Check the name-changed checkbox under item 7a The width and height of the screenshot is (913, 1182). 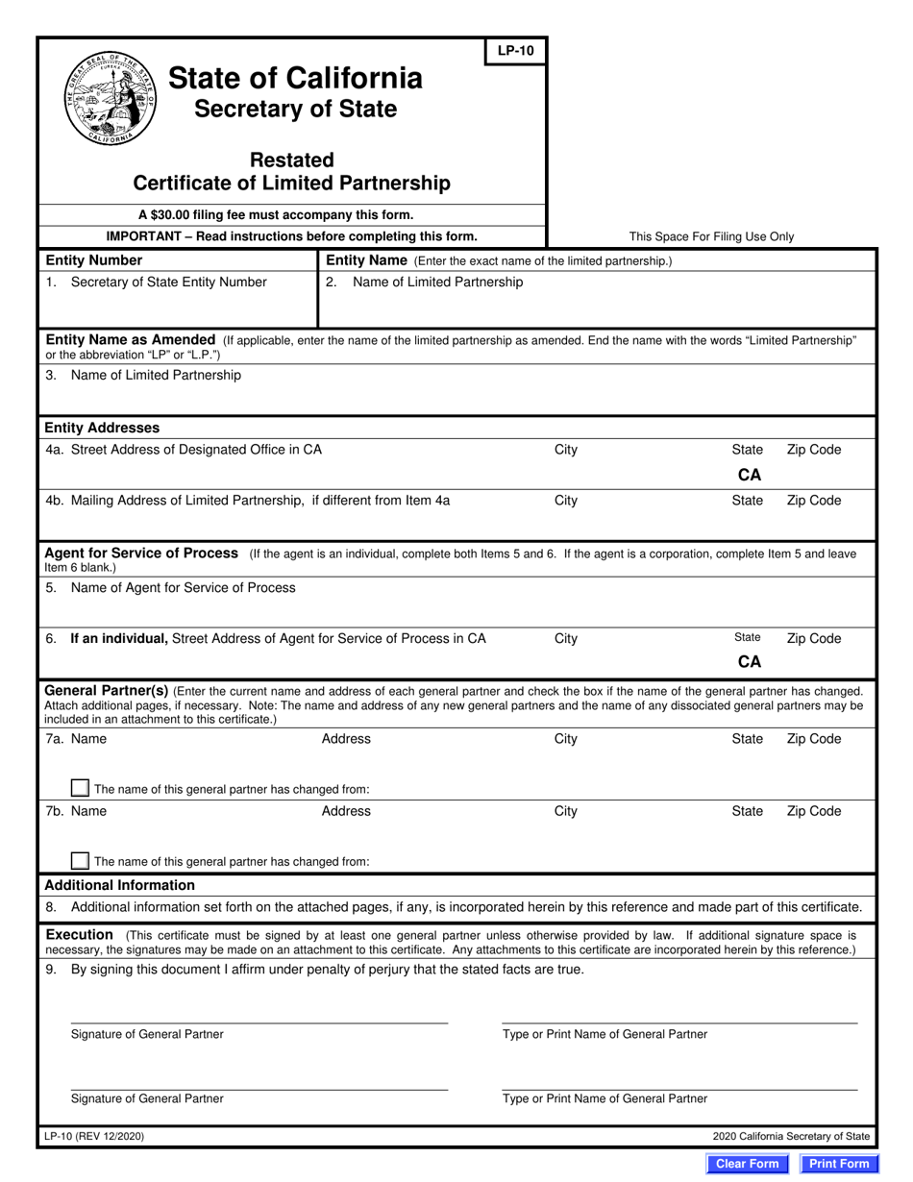(x=81, y=788)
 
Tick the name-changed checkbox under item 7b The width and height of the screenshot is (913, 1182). (x=81, y=860)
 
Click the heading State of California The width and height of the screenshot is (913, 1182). (x=295, y=78)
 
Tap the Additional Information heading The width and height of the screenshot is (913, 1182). (x=120, y=885)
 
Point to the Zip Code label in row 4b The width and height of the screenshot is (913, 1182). (x=813, y=500)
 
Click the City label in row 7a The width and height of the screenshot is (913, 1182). (x=566, y=739)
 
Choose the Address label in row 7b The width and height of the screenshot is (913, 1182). (x=346, y=811)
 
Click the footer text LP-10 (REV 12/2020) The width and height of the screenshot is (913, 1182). (x=95, y=1136)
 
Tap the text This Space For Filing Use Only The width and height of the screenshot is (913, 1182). (x=711, y=236)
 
